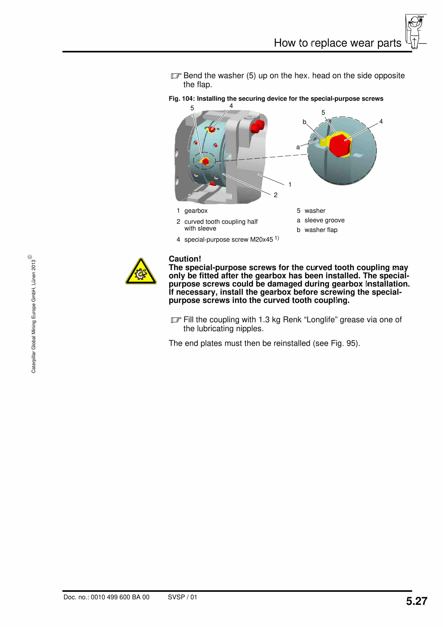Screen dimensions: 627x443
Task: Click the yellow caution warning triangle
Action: click(x=141, y=272)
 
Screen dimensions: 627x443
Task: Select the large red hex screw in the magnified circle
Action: click(x=340, y=145)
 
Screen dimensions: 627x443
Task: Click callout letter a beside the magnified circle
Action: click(x=298, y=147)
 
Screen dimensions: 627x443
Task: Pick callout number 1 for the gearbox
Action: click(x=290, y=185)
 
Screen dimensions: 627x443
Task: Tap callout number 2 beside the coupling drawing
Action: click(x=276, y=195)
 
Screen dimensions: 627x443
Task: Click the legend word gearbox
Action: click(x=196, y=211)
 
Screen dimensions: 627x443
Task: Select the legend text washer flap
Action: click(x=321, y=230)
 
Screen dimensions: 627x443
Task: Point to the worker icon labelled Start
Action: click(x=415, y=31)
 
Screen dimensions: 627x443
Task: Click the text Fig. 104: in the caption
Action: click(x=182, y=99)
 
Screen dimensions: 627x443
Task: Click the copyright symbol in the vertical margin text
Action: click(x=30, y=257)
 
